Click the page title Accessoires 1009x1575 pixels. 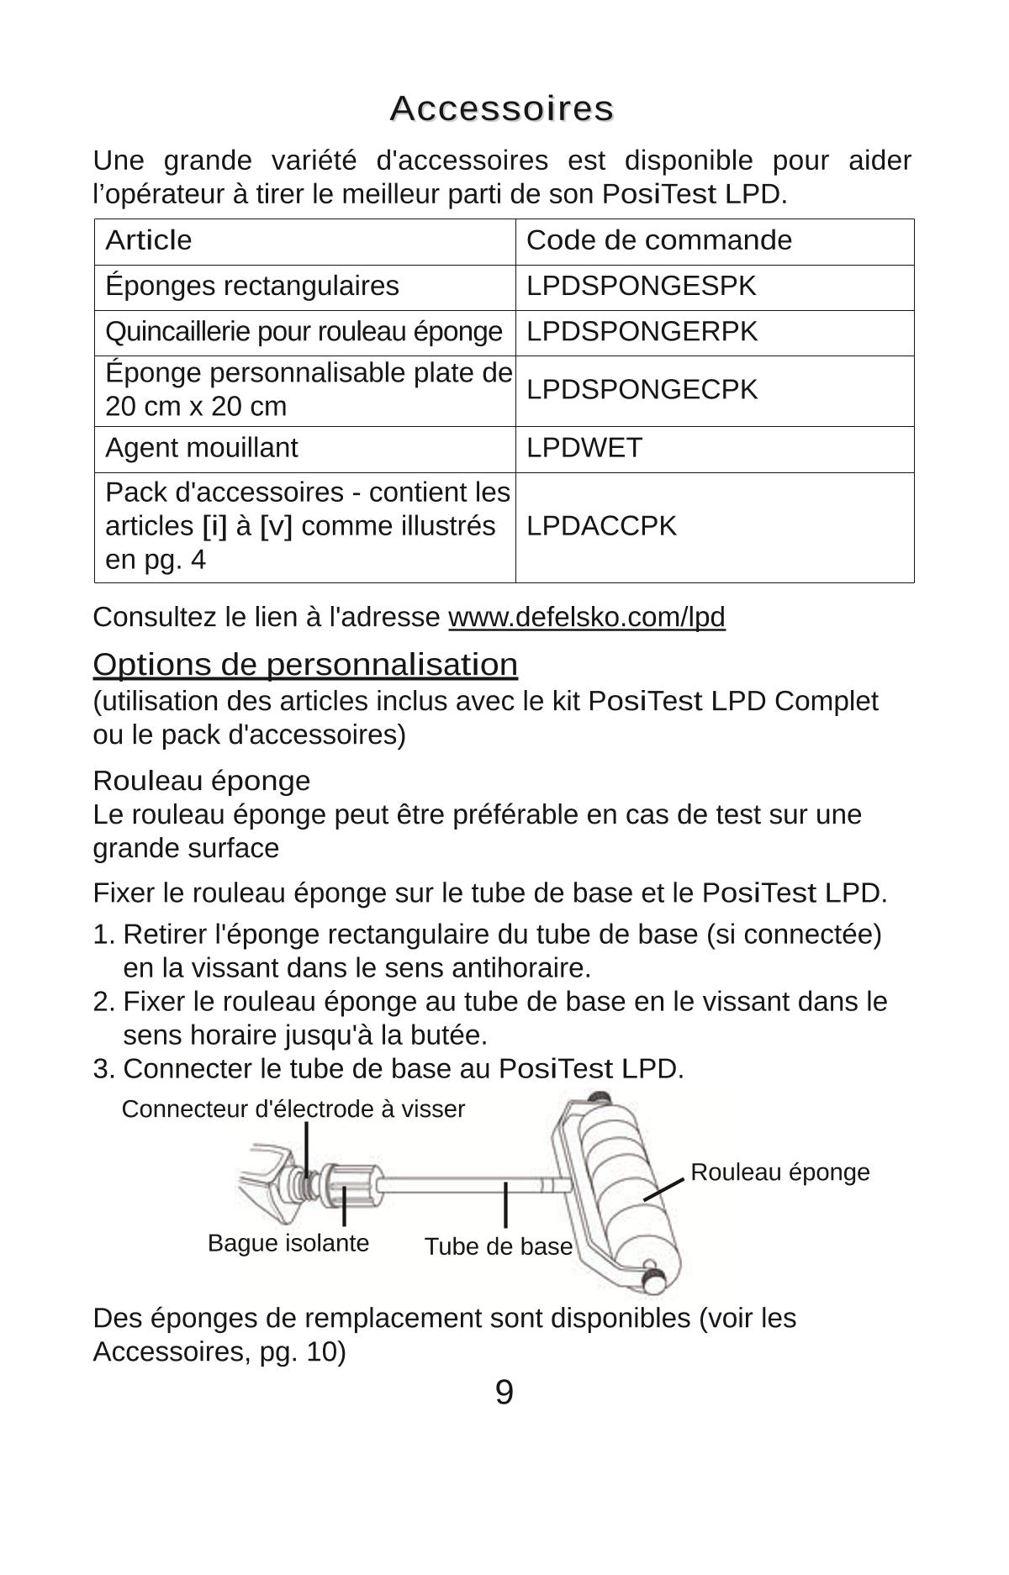point(502,108)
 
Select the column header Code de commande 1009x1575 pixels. point(658,240)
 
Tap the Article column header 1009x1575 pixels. point(149,240)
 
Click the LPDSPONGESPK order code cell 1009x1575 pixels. point(641,286)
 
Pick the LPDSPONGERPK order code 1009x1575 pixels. point(642,332)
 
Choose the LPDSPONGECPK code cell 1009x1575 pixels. point(642,390)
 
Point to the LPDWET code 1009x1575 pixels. point(584,448)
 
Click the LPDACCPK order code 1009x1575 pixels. point(601,526)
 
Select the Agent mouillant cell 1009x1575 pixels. point(201,448)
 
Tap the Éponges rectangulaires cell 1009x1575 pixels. point(251,286)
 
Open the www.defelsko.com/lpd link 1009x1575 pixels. point(586,617)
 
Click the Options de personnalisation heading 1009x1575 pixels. point(305,664)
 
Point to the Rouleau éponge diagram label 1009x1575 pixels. point(779,1172)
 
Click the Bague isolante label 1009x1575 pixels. point(288,1243)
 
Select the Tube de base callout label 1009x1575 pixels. point(498,1246)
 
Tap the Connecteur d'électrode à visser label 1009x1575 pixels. point(293,1109)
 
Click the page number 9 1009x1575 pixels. point(504,1393)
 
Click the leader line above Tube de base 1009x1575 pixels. point(505,1205)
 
